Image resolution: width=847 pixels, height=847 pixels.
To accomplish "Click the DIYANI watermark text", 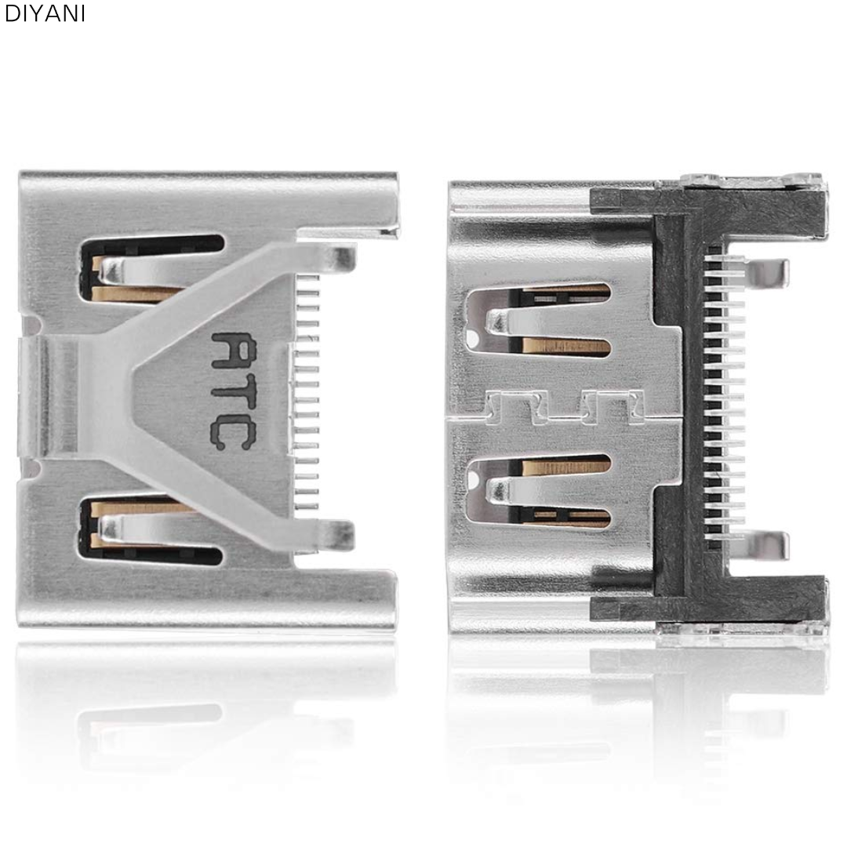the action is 45,14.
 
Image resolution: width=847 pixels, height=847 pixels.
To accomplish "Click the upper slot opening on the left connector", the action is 151,268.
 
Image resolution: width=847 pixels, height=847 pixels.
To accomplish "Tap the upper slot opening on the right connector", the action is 538,322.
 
